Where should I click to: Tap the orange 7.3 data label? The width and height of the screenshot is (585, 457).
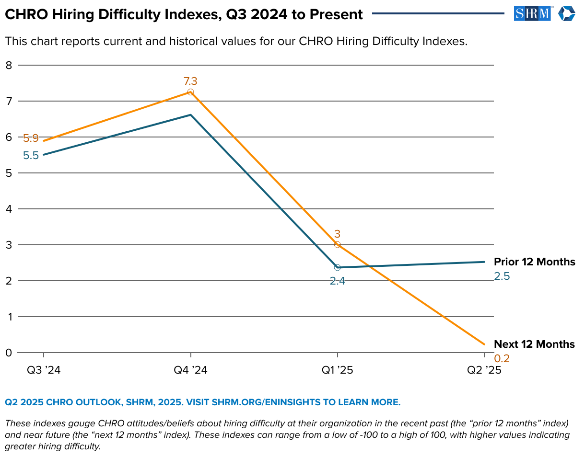(x=190, y=81)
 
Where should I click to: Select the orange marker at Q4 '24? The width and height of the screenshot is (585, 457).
(x=190, y=92)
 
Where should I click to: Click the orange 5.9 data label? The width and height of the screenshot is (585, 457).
(x=31, y=138)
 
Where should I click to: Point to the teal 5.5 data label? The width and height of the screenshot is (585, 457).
(x=31, y=156)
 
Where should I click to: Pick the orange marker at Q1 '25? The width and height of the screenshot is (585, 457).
(x=338, y=245)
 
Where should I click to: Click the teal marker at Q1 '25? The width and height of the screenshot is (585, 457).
(x=338, y=267)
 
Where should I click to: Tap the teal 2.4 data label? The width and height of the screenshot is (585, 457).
(x=338, y=281)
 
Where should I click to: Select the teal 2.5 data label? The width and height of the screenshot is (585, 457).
(x=502, y=276)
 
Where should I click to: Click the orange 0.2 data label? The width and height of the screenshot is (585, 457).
(x=502, y=358)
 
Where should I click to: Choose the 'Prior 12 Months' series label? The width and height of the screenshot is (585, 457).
(x=534, y=262)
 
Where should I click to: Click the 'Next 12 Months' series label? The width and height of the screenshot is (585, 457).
(x=534, y=344)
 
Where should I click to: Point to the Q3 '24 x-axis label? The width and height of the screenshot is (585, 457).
(x=44, y=370)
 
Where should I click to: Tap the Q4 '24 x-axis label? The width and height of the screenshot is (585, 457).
(x=190, y=370)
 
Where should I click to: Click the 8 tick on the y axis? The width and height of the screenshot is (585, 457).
(x=8, y=65)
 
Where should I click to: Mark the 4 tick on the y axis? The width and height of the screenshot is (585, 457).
(x=8, y=209)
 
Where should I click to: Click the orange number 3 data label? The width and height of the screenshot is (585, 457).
(x=338, y=234)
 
